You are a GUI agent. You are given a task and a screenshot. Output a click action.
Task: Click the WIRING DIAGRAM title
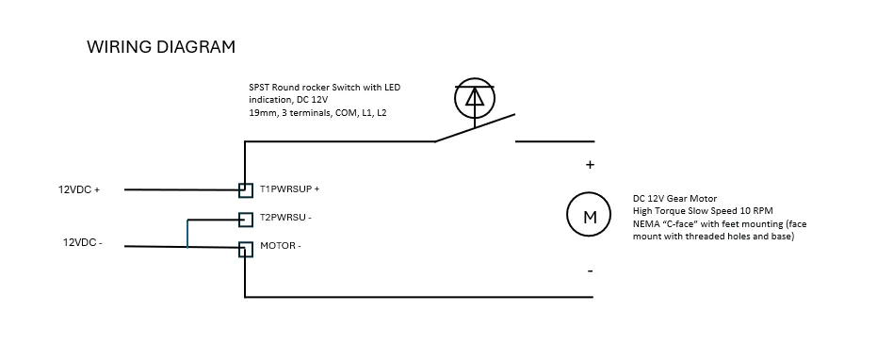pos(161,47)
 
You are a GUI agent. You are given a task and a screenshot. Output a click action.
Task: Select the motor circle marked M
pos(590,216)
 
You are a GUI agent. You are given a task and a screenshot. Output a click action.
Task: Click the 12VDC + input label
pos(79,189)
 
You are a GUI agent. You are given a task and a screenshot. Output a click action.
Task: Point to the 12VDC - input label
pos(82,243)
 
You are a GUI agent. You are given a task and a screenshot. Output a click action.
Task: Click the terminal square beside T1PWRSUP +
pos(246,190)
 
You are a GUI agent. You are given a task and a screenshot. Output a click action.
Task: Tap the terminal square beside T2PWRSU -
pos(246,220)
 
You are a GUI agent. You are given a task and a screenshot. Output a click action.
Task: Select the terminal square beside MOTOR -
pos(246,249)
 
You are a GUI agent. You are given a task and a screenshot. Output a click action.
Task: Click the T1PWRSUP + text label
pos(290,189)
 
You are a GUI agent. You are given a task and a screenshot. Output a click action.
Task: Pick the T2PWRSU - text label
pos(285,218)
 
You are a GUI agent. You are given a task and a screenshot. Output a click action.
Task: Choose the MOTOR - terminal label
pos(280,245)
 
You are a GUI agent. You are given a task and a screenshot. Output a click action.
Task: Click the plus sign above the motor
pos(590,165)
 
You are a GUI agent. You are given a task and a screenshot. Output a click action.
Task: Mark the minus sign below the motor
pos(590,271)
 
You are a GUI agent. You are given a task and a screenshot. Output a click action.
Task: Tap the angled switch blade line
pos(475,127)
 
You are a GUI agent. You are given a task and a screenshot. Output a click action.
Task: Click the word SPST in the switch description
pos(258,88)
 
